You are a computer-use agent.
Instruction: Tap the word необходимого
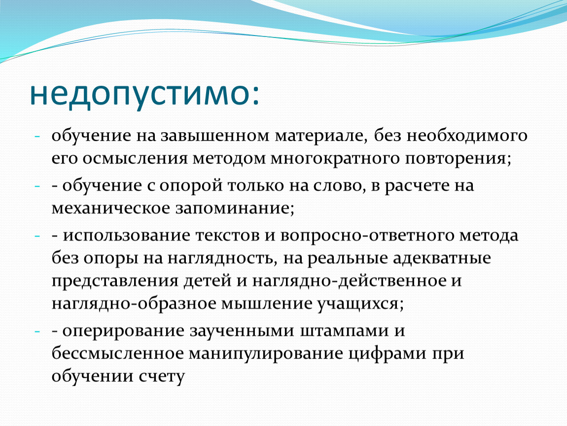[x=466, y=137]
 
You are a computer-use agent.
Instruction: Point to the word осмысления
[x=135, y=159]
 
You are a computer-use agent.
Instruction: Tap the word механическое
[x=111, y=209]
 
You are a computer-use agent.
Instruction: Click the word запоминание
[x=233, y=209]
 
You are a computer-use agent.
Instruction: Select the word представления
[x=115, y=282]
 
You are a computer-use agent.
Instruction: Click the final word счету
[x=162, y=377]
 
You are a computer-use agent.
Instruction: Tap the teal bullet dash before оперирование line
[x=37, y=331]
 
